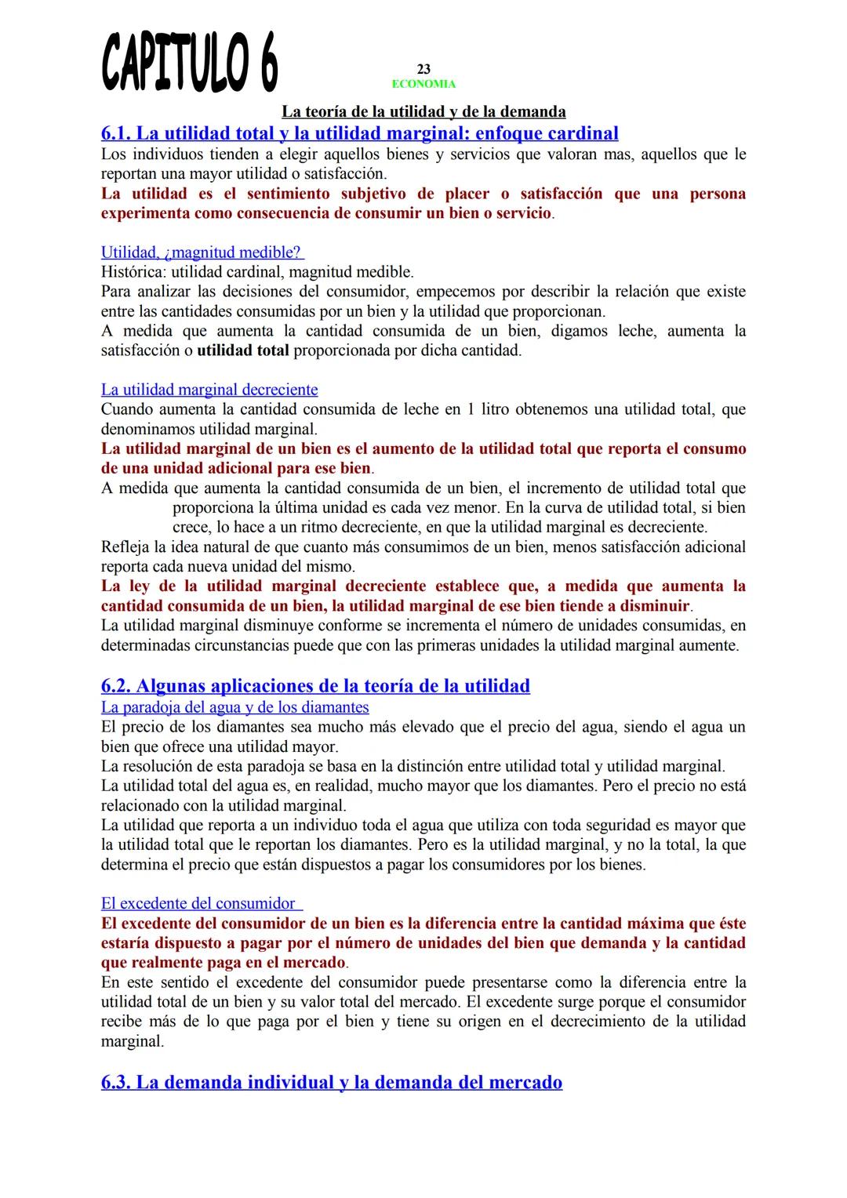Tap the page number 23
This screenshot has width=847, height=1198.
[x=423, y=70]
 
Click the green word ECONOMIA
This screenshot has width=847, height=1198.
[x=423, y=84]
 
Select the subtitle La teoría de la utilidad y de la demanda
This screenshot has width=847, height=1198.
[x=423, y=112]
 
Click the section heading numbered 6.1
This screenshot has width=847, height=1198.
[x=360, y=133]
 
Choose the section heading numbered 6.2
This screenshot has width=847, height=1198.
[x=315, y=686]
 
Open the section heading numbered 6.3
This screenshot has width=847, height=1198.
[x=332, y=1083]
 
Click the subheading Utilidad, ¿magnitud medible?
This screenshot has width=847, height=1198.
[x=202, y=252]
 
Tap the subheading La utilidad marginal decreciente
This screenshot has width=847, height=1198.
[x=209, y=390]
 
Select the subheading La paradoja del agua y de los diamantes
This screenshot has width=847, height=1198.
[x=235, y=707]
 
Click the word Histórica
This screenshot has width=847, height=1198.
[x=133, y=272]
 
